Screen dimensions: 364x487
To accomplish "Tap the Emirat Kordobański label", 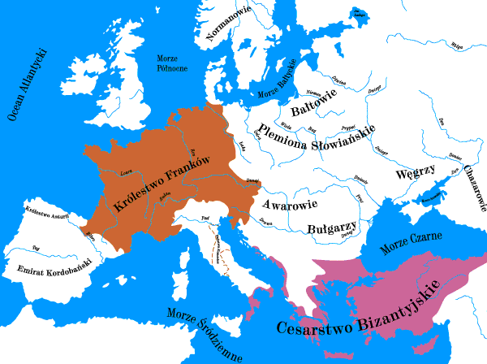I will (47, 270).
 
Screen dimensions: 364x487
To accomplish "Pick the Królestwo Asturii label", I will (47, 215).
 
